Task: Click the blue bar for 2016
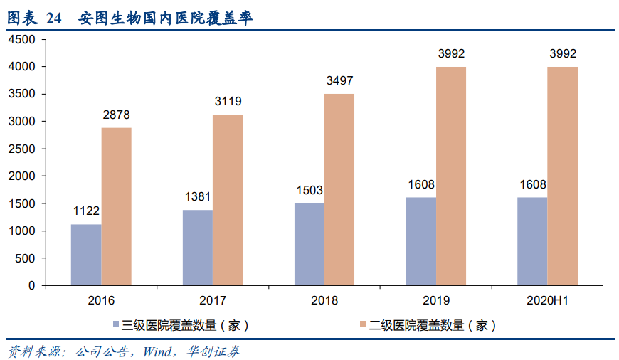[x=86, y=255]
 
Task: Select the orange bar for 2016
[x=116, y=206]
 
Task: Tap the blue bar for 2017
[x=197, y=248]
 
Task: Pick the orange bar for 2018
[x=339, y=189]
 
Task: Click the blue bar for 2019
[x=420, y=241]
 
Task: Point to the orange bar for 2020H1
[x=562, y=176]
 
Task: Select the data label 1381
[x=197, y=197]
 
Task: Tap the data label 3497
[x=339, y=81]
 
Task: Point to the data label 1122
[x=86, y=211]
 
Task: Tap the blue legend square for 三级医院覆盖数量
[x=117, y=326]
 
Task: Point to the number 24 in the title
[x=54, y=19]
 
